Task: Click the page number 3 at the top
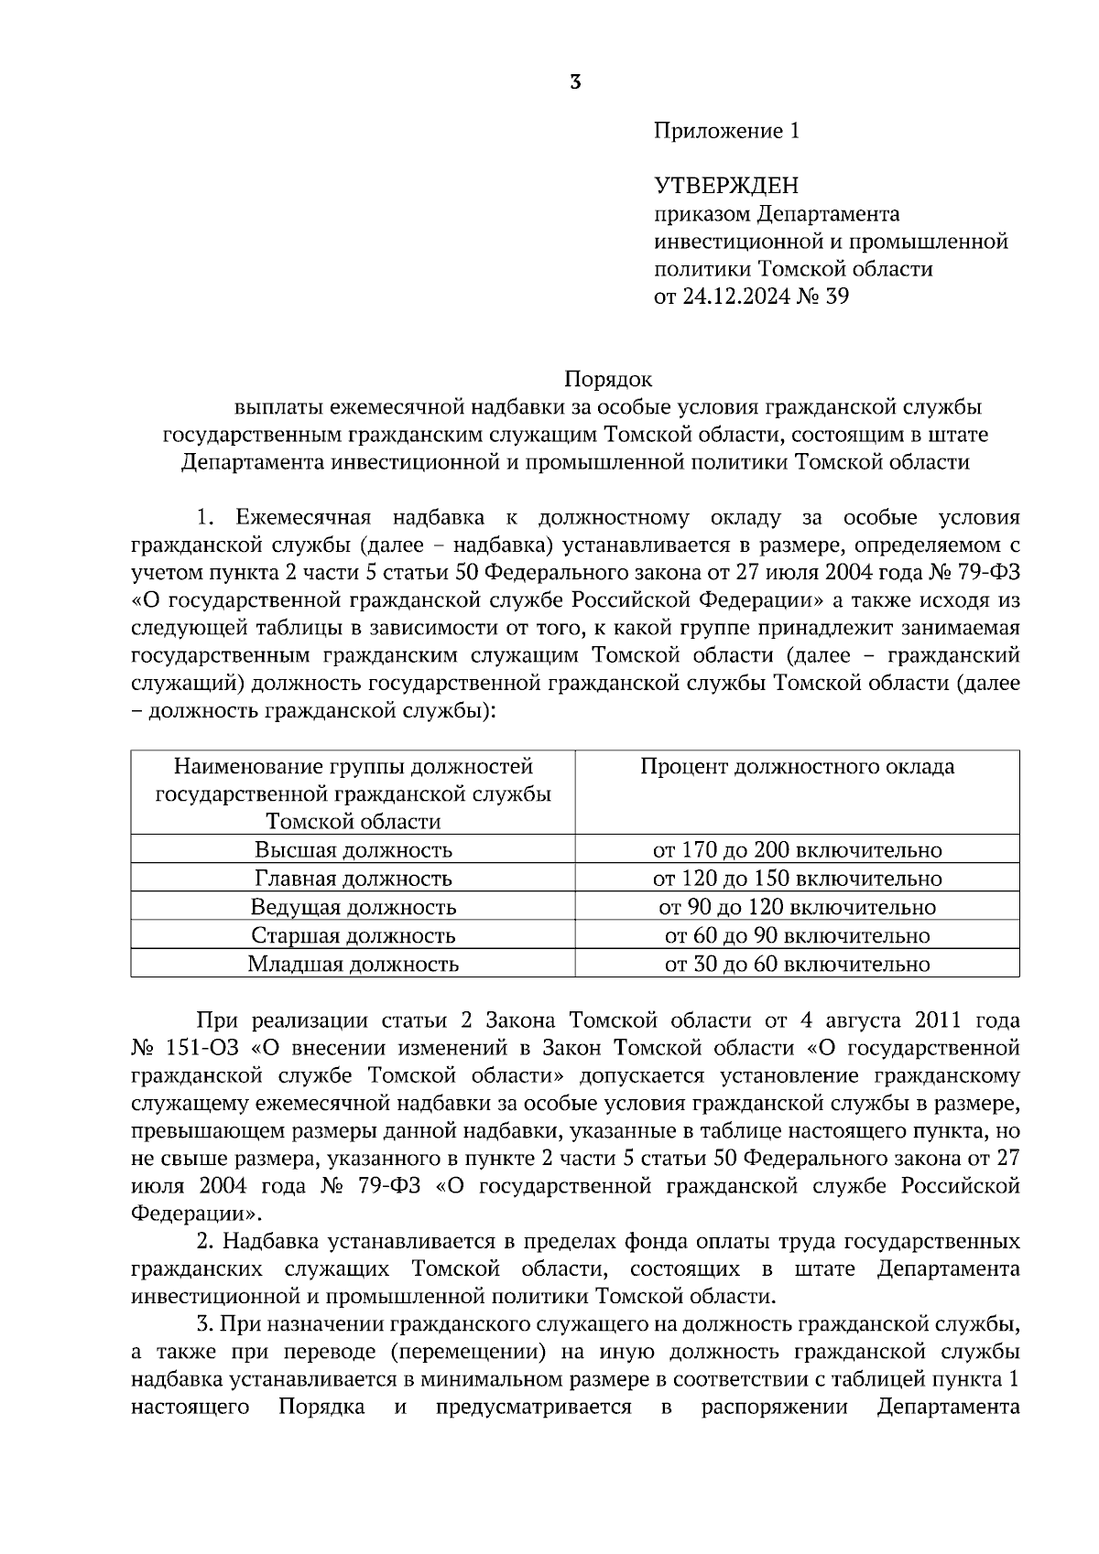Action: click(574, 82)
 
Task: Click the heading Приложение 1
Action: click(726, 131)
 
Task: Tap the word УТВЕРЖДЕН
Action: click(726, 187)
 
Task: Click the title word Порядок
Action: click(608, 378)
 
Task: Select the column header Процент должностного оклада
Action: click(797, 766)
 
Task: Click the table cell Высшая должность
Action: click(353, 849)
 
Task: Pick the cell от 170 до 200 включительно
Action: click(797, 849)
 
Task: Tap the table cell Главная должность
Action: click(353, 879)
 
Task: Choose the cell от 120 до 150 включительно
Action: click(797, 879)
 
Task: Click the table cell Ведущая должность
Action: click(353, 907)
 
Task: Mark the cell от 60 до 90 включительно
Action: click(797, 935)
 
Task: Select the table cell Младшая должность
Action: click(353, 964)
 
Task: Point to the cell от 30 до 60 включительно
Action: click(797, 964)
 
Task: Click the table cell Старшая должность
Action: click(353, 935)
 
